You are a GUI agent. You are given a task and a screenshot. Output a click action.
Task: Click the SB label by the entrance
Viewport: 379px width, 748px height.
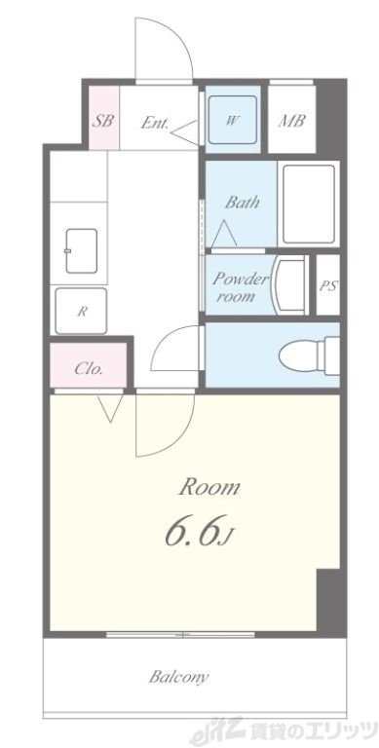[103, 121]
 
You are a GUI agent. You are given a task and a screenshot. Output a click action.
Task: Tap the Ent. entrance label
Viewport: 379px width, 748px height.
[155, 123]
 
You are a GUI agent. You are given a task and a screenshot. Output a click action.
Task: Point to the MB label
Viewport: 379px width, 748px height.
[291, 121]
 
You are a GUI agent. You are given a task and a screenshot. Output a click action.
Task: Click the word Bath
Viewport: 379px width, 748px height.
[243, 203]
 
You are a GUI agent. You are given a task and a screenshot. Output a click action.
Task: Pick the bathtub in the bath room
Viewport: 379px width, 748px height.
[308, 204]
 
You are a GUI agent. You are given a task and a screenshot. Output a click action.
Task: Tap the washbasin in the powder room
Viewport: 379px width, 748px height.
[289, 285]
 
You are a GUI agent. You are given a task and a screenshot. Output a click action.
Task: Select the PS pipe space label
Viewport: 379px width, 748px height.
[328, 285]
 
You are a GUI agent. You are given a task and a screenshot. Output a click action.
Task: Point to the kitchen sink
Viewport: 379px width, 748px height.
[82, 251]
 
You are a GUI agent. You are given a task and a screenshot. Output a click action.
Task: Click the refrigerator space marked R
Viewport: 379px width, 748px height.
[81, 311]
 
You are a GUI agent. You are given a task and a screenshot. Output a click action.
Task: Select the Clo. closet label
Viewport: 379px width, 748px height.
[89, 369]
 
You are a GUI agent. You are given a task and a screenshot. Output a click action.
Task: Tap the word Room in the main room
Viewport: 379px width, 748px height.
[209, 488]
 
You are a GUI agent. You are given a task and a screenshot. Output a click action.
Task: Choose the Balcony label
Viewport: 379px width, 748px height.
[178, 677]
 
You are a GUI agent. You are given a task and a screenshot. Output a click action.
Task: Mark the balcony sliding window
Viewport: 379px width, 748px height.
[180, 634]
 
